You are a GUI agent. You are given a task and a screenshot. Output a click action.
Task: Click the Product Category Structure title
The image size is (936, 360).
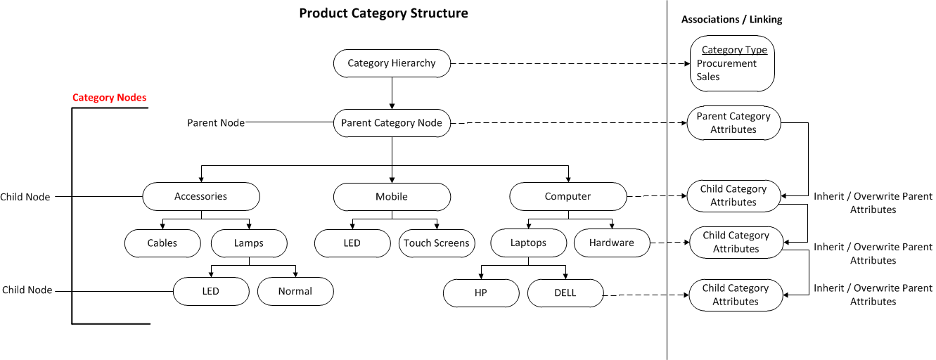point(383,13)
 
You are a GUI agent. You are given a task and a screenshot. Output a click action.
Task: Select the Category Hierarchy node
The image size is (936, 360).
point(392,63)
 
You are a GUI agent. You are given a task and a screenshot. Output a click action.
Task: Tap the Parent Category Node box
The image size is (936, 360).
point(392,123)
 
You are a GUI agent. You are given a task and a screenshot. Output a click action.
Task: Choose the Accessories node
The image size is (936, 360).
point(201,196)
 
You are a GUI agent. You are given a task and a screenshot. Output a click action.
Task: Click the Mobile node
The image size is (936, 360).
point(392,197)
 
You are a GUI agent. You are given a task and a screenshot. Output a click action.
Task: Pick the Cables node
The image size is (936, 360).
point(162,243)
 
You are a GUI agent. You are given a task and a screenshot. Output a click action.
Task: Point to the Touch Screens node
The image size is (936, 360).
point(437,243)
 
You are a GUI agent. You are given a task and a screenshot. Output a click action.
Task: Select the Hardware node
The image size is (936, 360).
point(612,243)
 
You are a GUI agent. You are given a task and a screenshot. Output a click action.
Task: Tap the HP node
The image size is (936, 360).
point(481,292)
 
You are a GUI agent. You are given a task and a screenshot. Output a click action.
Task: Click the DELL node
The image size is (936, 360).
point(565,292)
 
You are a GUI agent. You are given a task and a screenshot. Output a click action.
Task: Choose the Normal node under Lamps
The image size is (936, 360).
point(295,291)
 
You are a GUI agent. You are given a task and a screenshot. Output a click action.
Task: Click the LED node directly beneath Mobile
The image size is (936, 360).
point(352,243)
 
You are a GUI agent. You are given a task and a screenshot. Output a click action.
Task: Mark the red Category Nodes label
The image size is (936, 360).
point(110,97)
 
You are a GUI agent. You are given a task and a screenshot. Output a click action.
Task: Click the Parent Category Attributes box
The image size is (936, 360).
point(733,123)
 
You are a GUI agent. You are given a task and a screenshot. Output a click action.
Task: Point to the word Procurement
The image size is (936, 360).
point(726,63)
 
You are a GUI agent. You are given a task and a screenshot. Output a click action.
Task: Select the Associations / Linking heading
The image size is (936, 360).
point(731,20)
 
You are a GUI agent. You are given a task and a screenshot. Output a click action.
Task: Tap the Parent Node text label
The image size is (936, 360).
point(216,123)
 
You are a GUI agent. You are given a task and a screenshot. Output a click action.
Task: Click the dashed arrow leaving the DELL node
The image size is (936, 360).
point(646,295)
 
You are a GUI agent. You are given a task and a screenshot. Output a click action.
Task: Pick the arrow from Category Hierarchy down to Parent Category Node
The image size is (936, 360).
point(392,94)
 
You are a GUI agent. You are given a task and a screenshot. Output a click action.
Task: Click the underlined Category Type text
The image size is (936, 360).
point(734,50)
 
